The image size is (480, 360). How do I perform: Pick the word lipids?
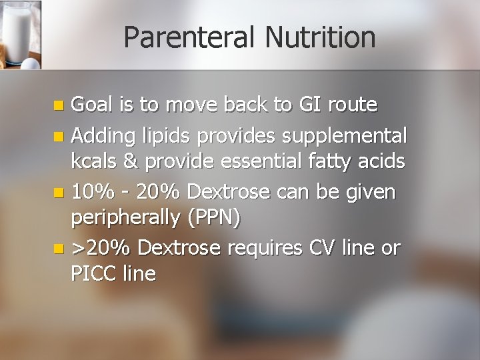coord(165,136)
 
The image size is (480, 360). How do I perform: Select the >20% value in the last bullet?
coord(101,248)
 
